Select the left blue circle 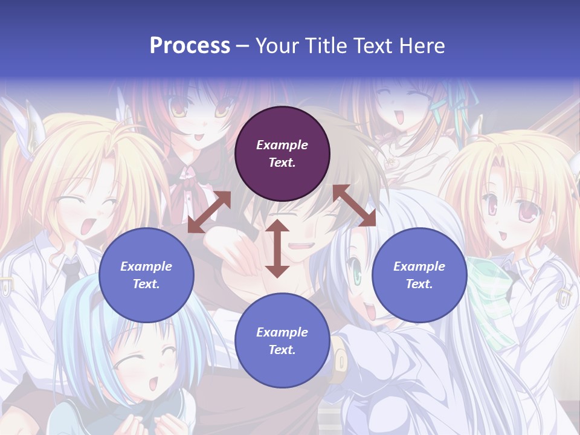coord(146,275)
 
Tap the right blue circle coord(419,275)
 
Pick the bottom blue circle coord(282,341)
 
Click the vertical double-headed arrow coord(277,248)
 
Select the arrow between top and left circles coord(209,212)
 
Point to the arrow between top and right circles coord(354,205)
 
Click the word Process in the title coord(190,45)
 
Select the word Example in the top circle coord(282,145)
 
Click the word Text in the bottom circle coord(282,350)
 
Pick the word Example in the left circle coord(146,266)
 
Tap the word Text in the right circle coord(419,284)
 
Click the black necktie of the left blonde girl coord(72,275)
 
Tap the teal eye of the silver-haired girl coord(356,276)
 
